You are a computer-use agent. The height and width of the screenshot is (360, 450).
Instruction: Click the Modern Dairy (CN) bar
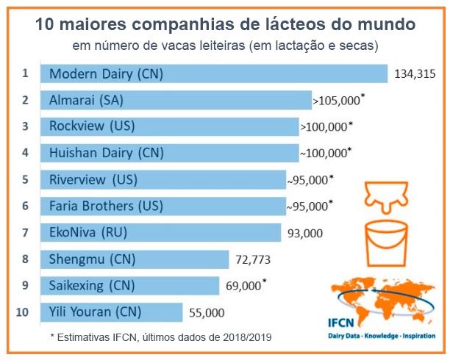(213, 74)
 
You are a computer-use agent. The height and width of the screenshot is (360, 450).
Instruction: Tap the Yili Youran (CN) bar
(111, 312)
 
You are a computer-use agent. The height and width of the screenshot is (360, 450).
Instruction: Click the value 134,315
(415, 74)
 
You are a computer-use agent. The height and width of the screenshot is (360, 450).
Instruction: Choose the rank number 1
(24, 73)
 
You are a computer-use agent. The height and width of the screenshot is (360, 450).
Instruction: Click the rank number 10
(23, 312)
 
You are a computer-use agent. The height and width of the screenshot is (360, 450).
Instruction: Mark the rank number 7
(24, 232)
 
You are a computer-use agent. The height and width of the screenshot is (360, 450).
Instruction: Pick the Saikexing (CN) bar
(129, 285)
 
